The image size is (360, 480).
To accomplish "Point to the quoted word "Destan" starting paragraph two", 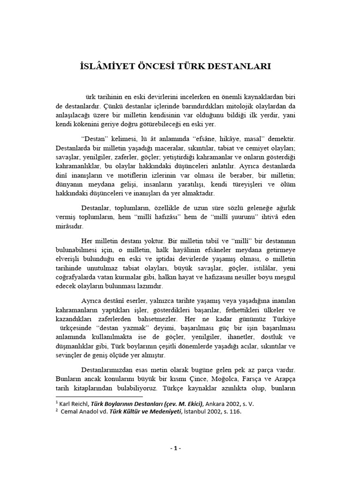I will (x=95, y=140).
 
